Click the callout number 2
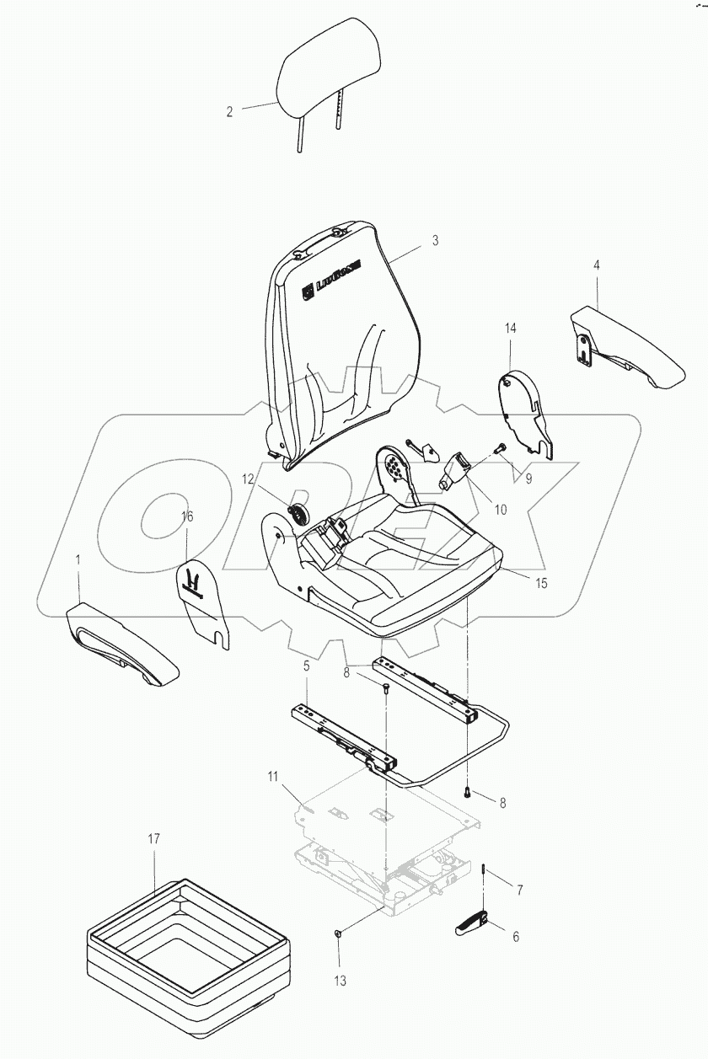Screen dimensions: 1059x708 coord(229,111)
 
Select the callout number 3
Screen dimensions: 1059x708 coord(435,240)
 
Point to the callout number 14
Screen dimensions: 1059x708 coord(510,327)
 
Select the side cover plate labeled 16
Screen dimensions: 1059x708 coord(202,598)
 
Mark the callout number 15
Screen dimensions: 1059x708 coord(540,582)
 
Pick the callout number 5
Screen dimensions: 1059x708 coord(307,666)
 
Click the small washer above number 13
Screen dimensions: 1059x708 coord(337,933)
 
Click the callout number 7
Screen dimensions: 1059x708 coord(520,890)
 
